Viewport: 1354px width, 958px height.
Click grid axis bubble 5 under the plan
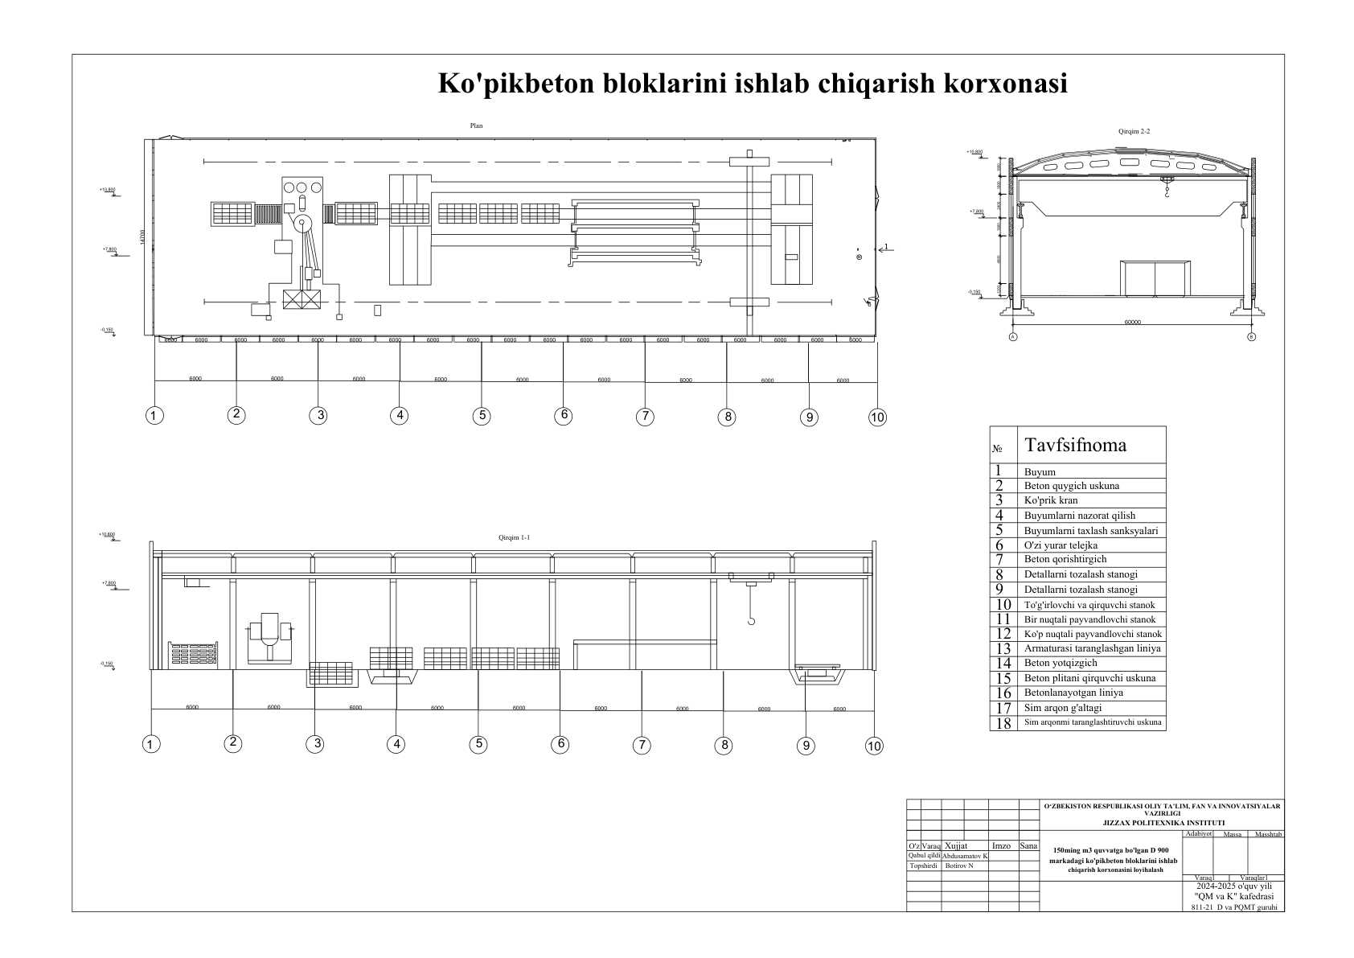(x=482, y=416)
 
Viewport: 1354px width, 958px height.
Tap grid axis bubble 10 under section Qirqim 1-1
(x=874, y=746)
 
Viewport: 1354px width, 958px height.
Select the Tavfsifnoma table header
(x=1075, y=445)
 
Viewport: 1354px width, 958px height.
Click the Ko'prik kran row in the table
(x=1051, y=500)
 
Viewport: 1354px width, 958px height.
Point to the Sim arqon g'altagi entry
(x=1063, y=708)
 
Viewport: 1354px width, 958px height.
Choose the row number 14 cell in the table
(x=1003, y=663)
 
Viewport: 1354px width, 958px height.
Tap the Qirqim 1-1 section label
(x=514, y=537)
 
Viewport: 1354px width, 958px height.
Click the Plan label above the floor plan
(x=477, y=125)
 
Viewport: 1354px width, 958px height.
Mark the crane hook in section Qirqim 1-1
(x=751, y=620)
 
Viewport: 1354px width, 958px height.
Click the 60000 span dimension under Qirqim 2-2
(x=1132, y=323)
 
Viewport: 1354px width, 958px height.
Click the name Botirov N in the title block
(x=959, y=866)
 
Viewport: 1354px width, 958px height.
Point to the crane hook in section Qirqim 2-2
(x=1165, y=192)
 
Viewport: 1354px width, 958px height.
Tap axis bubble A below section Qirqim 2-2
(x=1013, y=337)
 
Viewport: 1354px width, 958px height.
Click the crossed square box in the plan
(x=302, y=301)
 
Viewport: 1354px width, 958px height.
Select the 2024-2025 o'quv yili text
(x=1233, y=886)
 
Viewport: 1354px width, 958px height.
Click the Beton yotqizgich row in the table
(x=1061, y=663)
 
